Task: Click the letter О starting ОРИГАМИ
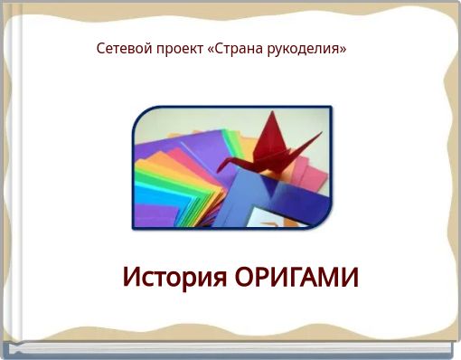click(246, 277)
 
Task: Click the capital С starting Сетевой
click(101, 48)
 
